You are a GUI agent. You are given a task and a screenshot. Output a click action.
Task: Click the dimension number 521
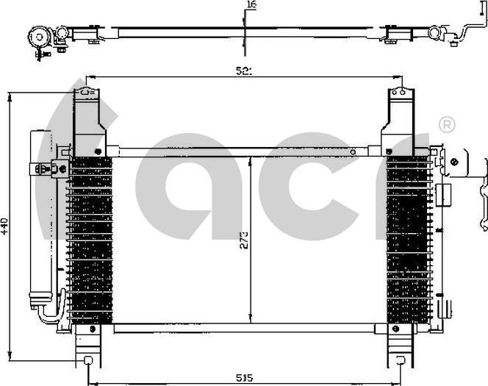point(244,71)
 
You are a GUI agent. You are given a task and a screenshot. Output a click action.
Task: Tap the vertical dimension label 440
point(6,226)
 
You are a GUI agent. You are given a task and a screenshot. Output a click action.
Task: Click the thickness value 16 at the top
point(251,5)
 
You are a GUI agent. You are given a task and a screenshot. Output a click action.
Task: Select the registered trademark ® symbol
point(445,124)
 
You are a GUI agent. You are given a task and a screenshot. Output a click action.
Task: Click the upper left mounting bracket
point(89,118)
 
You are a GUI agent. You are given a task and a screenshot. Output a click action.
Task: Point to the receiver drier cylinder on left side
point(40,221)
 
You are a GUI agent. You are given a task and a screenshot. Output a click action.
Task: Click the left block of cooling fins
point(90,239)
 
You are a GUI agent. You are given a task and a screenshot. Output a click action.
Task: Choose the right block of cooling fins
point(409,239)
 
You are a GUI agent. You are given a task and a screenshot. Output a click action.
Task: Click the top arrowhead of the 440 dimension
point(9,96)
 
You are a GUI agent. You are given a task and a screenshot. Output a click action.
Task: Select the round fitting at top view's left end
point(38,35)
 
